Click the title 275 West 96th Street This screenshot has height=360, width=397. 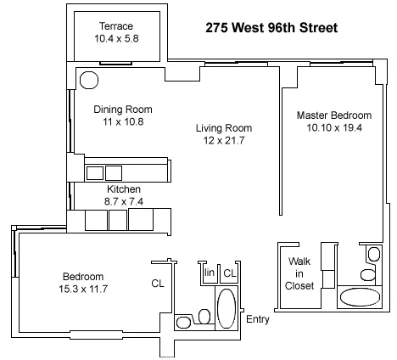[271, 27]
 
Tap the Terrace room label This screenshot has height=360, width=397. [115, 25]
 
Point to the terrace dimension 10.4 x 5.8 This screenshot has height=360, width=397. [115, 38]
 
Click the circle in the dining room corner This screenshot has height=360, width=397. [88, 79]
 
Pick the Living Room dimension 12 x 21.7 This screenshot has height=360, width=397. [224, 140]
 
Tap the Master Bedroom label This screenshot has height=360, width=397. [333, 115]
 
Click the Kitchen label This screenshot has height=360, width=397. [123, 188]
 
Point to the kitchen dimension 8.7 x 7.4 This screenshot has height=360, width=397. [123, 201]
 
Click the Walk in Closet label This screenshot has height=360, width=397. [300, 273]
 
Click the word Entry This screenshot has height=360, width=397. [257, 319]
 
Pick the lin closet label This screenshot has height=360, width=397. [209, 273]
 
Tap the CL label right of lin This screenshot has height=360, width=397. [229, 273]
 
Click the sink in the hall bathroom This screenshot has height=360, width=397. [184, 322]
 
